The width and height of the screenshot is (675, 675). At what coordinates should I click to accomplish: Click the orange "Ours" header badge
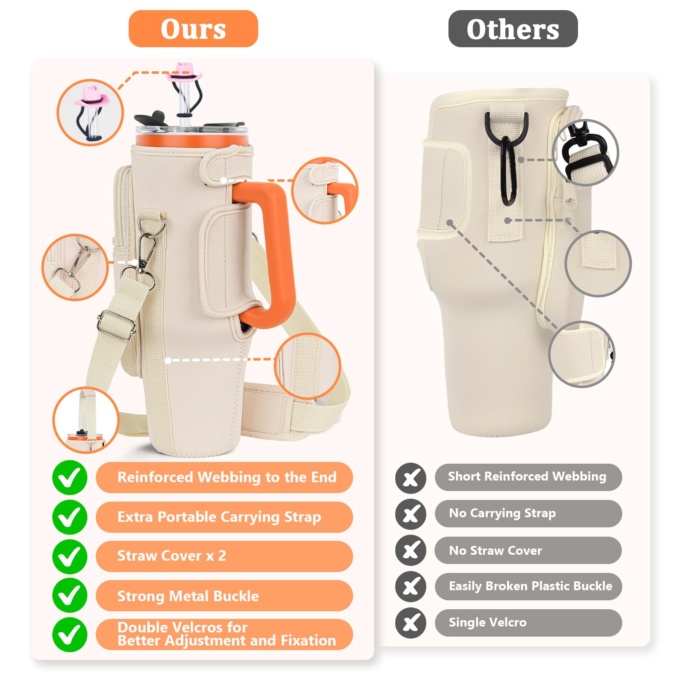[x=193, y=29]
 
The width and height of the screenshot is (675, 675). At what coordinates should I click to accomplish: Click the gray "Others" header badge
[x=513, y=29]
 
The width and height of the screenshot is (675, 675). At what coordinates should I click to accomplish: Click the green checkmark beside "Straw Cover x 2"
[x=70, y=556]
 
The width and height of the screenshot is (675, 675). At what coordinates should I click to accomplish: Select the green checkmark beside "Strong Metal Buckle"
[x=70, y=596]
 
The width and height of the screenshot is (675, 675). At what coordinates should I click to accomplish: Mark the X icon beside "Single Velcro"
[x=410, y=623]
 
